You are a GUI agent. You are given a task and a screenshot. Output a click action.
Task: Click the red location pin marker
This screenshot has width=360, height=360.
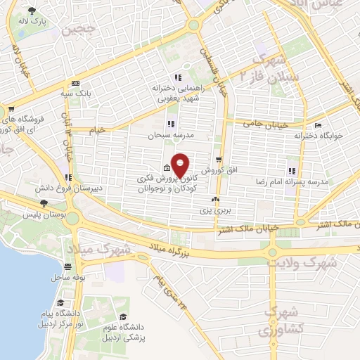181,165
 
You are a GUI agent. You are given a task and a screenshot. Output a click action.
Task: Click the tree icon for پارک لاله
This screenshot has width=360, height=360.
32,11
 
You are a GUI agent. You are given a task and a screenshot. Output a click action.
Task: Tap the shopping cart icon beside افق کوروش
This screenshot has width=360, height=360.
219,160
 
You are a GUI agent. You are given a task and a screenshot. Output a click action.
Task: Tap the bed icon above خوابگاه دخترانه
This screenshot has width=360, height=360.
319,126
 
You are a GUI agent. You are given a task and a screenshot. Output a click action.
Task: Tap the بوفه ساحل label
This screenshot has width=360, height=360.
67,277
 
